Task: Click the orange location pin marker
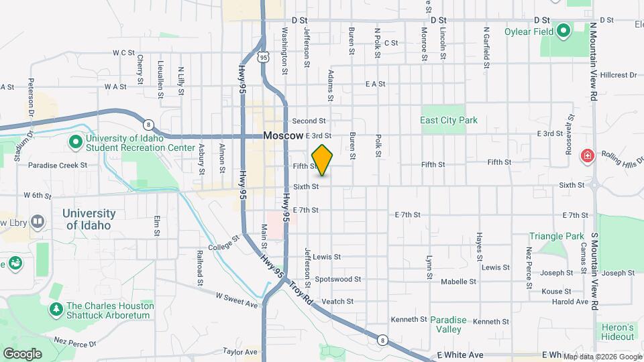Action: point(323,160)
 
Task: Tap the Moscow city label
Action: point(283,135)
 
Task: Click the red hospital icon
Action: point(588,156)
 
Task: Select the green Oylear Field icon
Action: point(564,30)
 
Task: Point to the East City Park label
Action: point(449,121)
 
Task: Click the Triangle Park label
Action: point(557,237)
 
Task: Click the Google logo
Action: point(22,353)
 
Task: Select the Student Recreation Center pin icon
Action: point(76,142)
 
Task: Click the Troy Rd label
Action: point(302,291)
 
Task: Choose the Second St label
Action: point(309,121)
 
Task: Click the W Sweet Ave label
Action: point(237,300)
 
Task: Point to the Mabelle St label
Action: point(458,282)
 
